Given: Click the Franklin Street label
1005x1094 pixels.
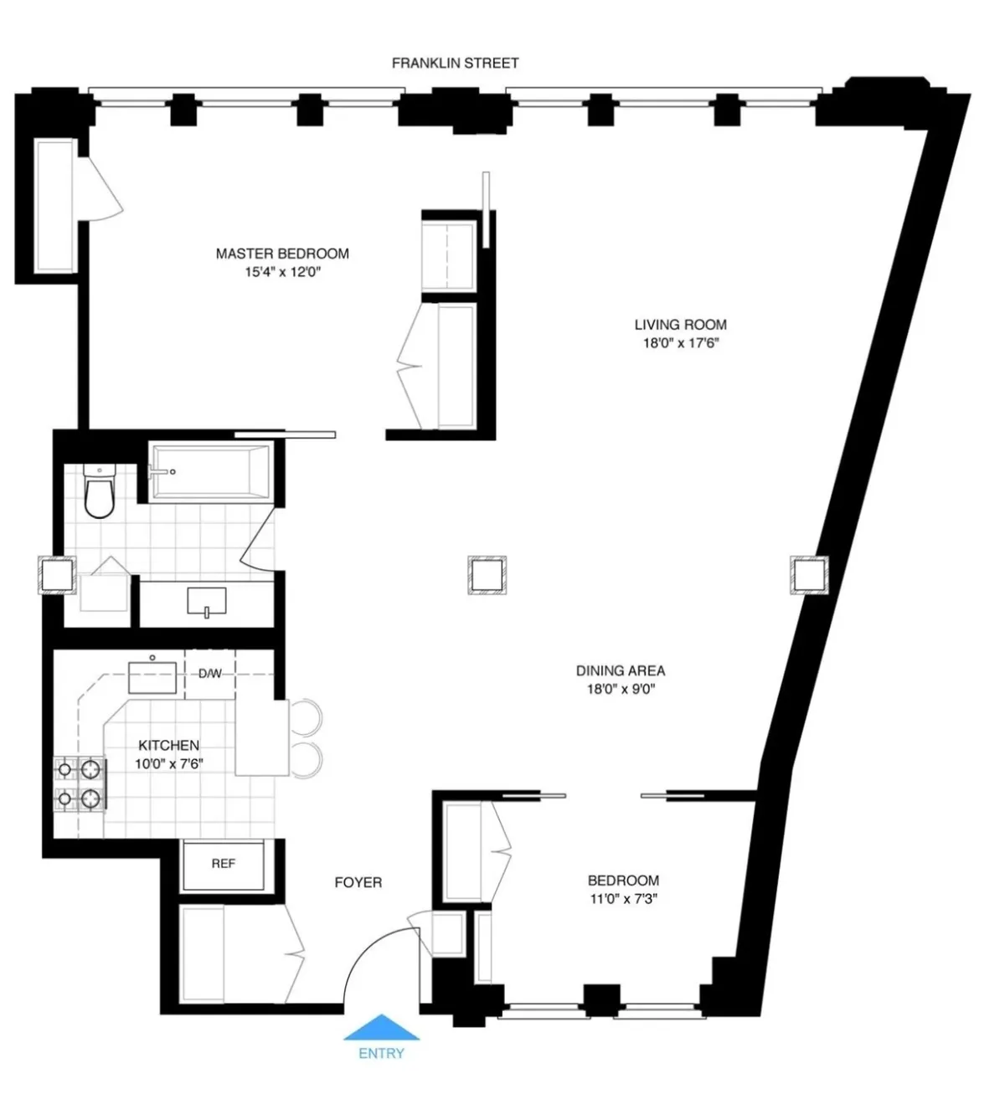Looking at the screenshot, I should [455, 63].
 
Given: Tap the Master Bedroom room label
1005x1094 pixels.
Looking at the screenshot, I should [282, 254].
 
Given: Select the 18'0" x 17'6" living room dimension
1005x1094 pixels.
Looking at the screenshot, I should [680, 343].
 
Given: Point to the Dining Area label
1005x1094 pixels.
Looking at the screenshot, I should [620, 670].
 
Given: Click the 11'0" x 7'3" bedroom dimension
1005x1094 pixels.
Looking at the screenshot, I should [623, 900].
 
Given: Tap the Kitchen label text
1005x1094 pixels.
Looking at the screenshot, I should [168, 745].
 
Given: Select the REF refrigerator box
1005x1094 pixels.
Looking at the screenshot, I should [223, 865].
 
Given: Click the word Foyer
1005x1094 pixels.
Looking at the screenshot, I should [358, 882].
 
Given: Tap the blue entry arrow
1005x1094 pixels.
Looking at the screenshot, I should [381, 1027].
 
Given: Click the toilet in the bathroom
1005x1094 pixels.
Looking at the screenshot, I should [99, 493].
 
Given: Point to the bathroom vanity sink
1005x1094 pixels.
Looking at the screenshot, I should [206, 601].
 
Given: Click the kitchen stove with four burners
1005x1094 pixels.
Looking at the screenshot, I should [80, 784].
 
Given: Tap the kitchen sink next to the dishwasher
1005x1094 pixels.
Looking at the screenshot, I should [152, 676].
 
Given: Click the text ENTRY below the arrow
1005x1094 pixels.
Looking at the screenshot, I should [381, 1053].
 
